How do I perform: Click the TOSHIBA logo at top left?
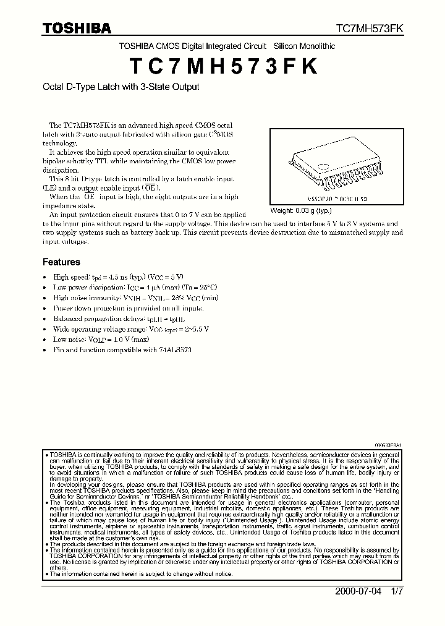[x=77, y=28]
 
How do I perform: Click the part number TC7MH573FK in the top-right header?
[x=370, y=28]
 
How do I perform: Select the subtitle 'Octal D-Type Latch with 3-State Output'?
[x=121, y=87]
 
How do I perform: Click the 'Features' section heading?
[x=61, y=262]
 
